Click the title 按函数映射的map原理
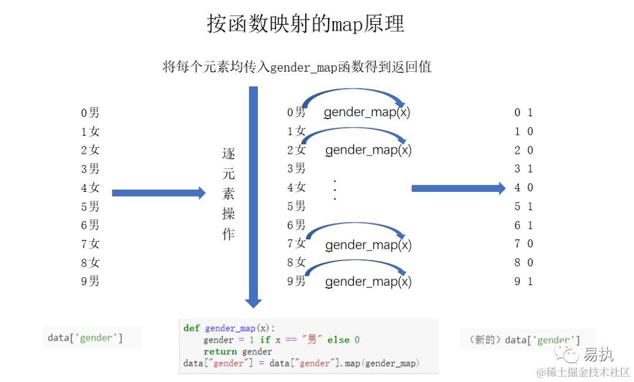[305, 24]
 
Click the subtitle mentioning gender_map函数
[296, 67]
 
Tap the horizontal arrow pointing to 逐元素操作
[158, 192]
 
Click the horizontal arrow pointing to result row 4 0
[458, 188]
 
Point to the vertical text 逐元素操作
[228, 194]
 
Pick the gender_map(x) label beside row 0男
[367, 113]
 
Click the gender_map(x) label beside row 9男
[369, 282]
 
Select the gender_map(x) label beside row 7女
[369, 245]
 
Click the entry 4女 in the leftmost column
[90, 188]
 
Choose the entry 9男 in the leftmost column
[90, 281]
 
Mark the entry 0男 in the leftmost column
[90, 113]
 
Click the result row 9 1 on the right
[524, 281]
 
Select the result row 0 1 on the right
[524, 113]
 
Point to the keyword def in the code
[191, 329]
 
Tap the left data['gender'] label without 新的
[85, 338]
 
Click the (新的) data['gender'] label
[525, 340]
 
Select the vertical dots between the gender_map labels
[335, 190]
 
